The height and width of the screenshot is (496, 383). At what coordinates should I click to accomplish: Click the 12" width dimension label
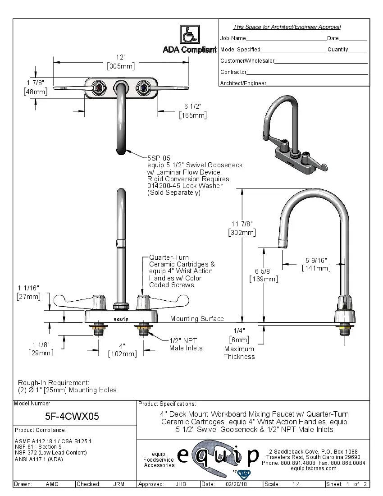[120, 57]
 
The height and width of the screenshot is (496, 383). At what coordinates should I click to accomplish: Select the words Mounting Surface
[197, 319]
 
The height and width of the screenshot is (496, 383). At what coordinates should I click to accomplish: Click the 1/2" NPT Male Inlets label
[186, 344]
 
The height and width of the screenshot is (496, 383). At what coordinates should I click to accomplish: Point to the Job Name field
[233, 38]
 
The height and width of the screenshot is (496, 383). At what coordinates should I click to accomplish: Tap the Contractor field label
[233, 72]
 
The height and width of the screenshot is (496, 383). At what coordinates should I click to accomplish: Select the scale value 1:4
[296, 484]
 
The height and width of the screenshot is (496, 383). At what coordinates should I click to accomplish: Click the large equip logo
[219, 458]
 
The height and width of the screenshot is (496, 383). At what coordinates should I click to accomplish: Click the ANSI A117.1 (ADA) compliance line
[39, 459]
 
